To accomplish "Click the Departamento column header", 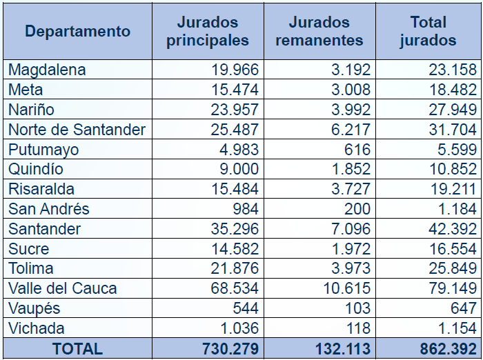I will point(78,31).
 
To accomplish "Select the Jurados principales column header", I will point(208,31).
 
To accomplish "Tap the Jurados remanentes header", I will point(319,31).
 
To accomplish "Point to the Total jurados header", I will point(428,31).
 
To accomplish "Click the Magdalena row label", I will point(47,70).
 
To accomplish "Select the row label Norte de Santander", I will point(77,130).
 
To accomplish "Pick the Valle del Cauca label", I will point(62,288).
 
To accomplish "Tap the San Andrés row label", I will point(48,209).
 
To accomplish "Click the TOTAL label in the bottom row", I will point(77,349).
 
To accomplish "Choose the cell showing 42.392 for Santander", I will point(452,229).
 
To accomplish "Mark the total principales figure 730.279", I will point(230,349).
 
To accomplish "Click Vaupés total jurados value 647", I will point(462,308).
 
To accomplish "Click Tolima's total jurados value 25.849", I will point(452,268).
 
